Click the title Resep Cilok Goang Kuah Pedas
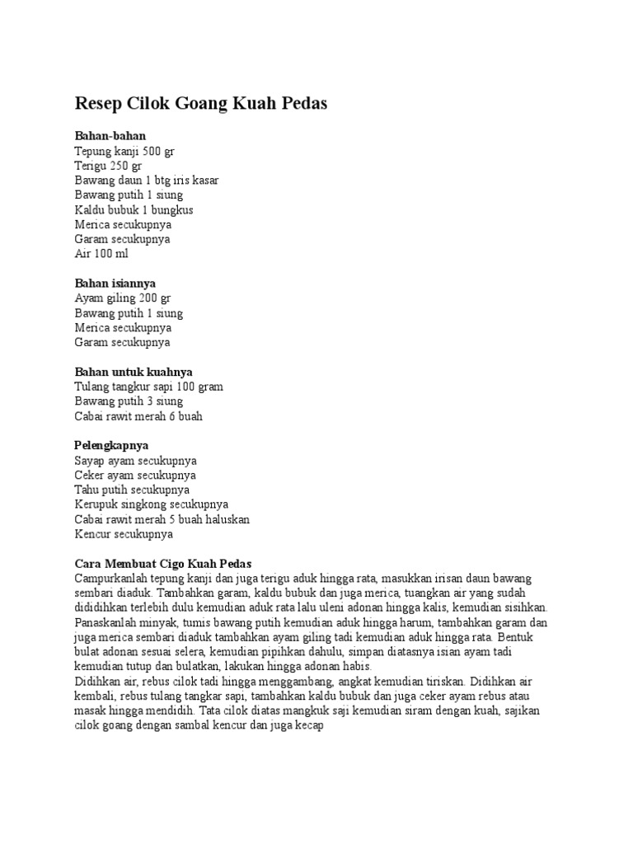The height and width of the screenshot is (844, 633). pos(201,104)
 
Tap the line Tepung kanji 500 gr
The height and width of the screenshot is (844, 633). pos(124,151)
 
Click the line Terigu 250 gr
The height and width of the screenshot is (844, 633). pos(108,166)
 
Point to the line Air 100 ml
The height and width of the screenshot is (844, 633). pos(101,254)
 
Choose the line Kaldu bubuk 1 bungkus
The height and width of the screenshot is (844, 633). pos(134,209)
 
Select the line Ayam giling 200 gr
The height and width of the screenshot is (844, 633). pos(123,298)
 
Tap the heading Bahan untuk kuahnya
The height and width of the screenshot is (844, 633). pos(134,373)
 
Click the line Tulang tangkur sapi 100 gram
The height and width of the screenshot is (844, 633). pos(148,387)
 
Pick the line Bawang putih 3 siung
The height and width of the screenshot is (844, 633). pos(129,401)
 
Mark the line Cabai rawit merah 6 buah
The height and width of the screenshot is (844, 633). pos(138,416)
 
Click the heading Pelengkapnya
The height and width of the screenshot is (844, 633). pos(111,446)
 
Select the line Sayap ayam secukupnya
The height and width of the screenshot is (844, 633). pos(135,461)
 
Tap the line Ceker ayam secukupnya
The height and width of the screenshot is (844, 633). pos(135,476)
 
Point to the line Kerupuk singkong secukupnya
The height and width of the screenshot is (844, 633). pos(152,504)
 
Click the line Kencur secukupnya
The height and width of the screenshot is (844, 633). pos(124,534)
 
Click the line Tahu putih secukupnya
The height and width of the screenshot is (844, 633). pos(132,490)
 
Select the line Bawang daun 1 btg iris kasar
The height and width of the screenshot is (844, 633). pos(147,181)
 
